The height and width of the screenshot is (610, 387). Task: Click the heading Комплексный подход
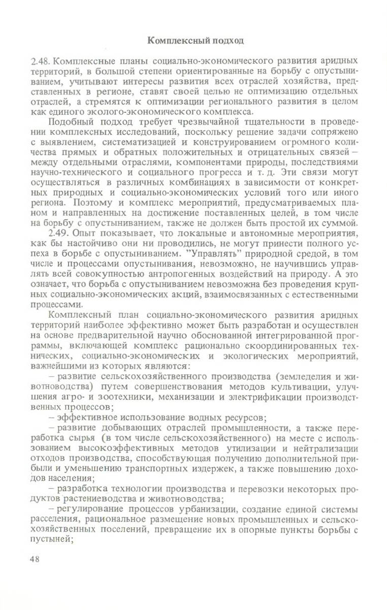pyautogui.click(x=195, y=40)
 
